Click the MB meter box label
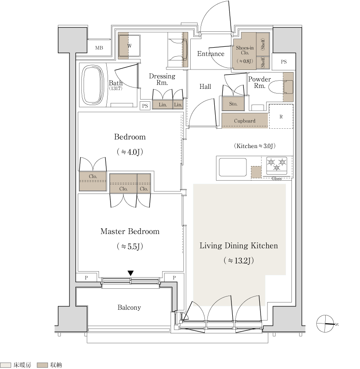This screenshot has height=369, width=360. pyautogui.click(x=99, y=48)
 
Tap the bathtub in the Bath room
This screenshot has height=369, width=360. pyautogui.click(x=93, y=85)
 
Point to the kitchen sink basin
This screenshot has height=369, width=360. pyautogui.click(x=233, y=167)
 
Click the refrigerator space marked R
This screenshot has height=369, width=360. pyautogui.click(x=281, y=116)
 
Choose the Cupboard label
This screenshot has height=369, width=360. pyautogui.click(x=245, y=121)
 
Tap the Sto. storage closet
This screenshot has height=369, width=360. pyautogui.click(x=233, y=103)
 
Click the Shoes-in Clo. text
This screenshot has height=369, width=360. pyautogui.click(x=245, y=50)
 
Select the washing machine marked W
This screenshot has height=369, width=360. pyautogui.click(x=129, y=46)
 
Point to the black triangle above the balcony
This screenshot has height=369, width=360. pyautogui.click(x=131, y=273)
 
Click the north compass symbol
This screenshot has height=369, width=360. pyautogui.click(x=325, y=324)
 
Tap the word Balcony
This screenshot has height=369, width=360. pyautogui.click(x=129, y=307)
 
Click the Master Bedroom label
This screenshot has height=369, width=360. pyautogui.click(x=130, y=231)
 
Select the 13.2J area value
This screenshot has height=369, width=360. pyautogui.click(x=239, y=260)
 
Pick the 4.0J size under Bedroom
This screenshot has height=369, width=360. pyautogui.click(x=130, y=152)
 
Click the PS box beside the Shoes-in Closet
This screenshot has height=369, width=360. pyautogui.click(x=284, y=62)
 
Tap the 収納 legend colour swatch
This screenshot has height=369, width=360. pyautogui.click(x=42, y=365)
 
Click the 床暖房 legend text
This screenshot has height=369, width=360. pyautogui.click(x=22, y=365)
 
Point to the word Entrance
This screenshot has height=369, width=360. pyautogui.click(x=211, y=54)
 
